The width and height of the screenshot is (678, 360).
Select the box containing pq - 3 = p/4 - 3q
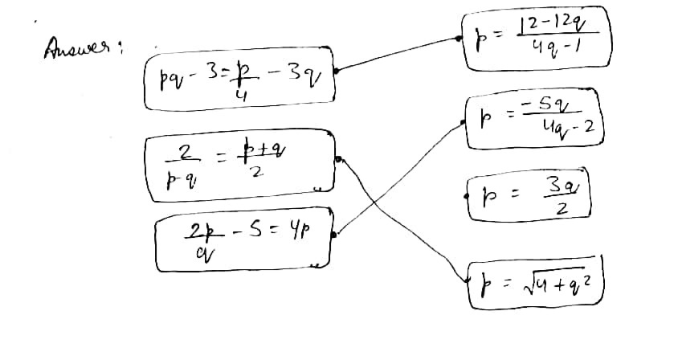click(239, 81)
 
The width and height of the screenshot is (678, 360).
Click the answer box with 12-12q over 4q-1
click(538, 37)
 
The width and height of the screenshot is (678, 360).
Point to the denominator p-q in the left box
click(180, 179)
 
